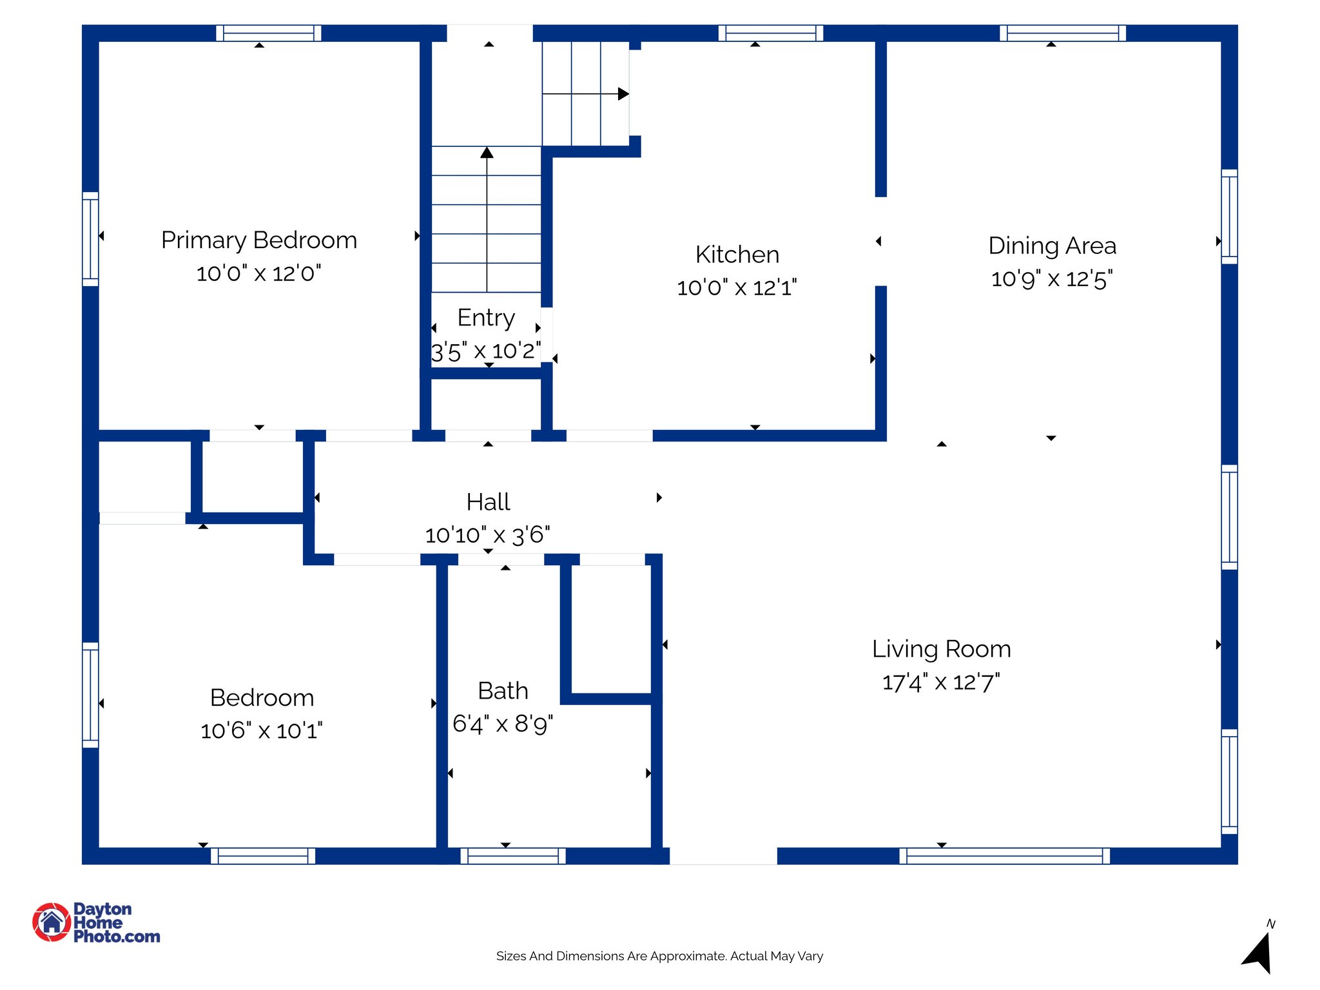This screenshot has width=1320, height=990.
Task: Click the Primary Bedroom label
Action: pos(259,240)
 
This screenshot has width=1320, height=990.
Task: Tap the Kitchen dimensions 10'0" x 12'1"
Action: pos(737,287)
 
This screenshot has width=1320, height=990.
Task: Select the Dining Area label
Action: pos(1052,246)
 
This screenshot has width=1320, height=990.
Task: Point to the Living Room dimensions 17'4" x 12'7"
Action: pos(941,682)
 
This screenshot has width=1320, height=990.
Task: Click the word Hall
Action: pos(488,502)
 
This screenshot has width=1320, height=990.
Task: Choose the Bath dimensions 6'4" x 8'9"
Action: pos(503,724)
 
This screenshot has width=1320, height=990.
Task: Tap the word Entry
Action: pos(486,318)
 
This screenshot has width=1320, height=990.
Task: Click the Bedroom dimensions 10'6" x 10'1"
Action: pos(262,731)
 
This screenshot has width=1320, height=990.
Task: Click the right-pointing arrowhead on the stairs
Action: pos(623,94)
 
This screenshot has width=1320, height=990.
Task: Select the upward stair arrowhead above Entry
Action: pos(487,153)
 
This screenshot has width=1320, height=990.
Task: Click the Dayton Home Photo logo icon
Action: pos(52,922)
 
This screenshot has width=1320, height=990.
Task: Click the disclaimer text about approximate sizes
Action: pos(659,956)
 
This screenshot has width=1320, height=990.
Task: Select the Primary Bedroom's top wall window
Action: pos(268,34)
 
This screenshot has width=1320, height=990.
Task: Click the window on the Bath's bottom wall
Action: pos(513,856)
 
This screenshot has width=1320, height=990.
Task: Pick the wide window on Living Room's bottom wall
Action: pos(1004,856)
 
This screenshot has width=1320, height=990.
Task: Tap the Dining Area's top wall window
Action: pos(1063,34)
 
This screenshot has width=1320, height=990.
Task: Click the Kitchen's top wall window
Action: pos(770,34)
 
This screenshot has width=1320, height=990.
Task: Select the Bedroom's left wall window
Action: pos(90,695)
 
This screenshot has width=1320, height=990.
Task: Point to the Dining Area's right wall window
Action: pos(1229,217)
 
